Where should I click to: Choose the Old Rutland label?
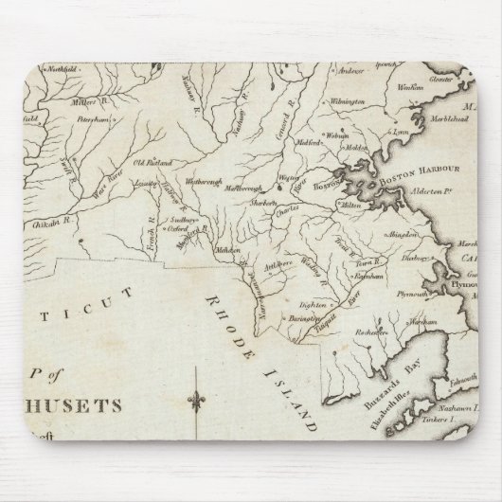click(x=152, y=164)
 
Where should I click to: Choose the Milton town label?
click(x=355, y=205)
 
